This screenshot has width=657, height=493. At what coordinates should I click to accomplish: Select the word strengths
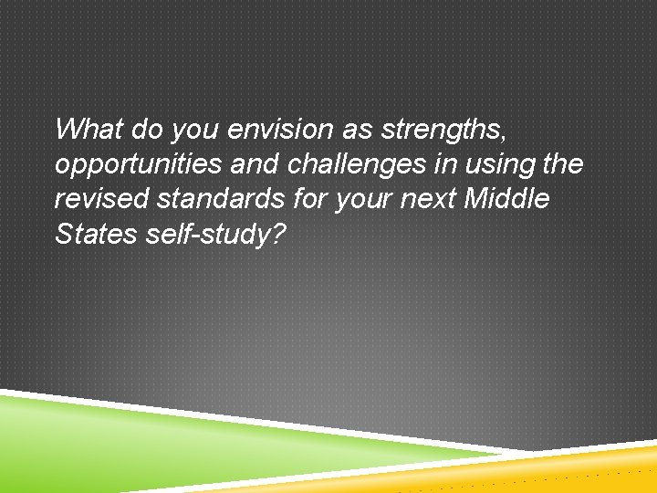[439, 130]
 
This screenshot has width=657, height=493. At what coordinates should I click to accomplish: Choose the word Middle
[507, 200]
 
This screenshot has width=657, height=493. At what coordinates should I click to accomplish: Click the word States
[94, 235]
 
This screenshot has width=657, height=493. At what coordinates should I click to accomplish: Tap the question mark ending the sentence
[278, 235]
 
